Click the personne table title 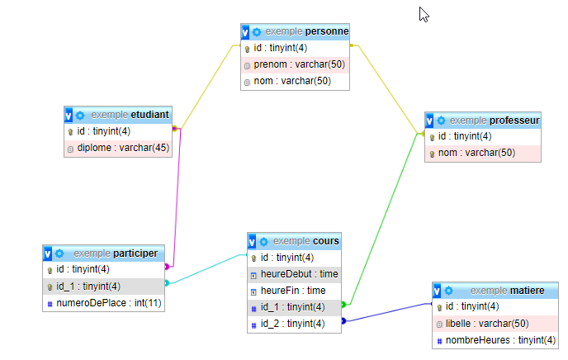point(327,31)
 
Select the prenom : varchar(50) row point(299,64)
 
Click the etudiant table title point(149,114)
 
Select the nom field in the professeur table point(476,153)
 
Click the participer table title point(136,253)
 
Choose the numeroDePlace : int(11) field point(109,303)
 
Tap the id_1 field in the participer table point(88,287)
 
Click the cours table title point(325,241)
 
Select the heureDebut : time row point(298,274)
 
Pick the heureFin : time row point(293,291)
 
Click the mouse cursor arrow point(424,14)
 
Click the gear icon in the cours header point(263,241)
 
